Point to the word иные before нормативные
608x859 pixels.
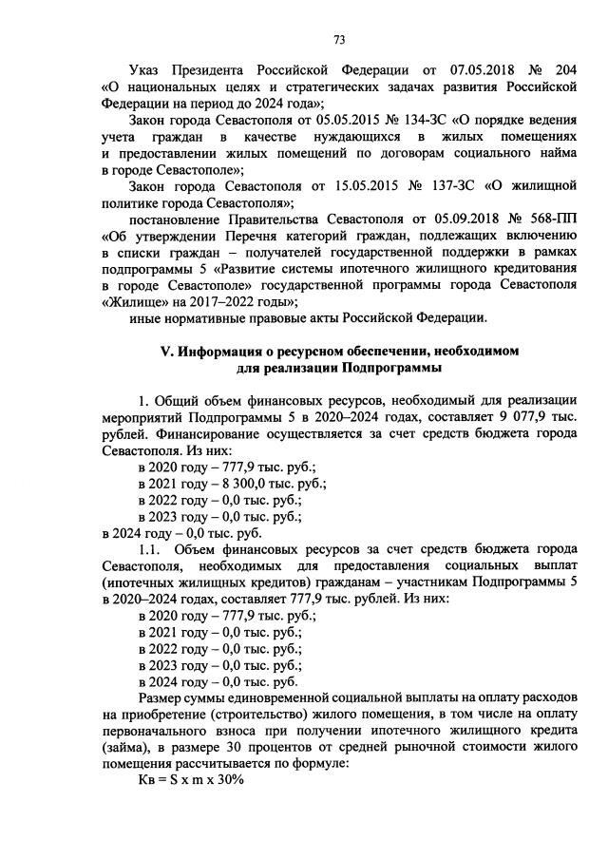tap(145, 317)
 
